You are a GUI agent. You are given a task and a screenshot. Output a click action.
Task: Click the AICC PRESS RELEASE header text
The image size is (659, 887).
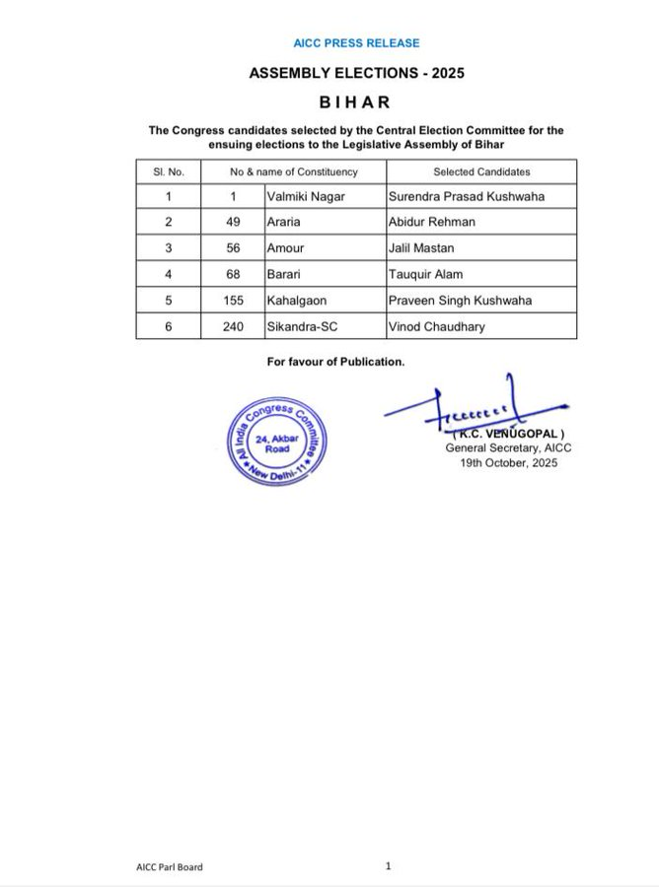point(356,43)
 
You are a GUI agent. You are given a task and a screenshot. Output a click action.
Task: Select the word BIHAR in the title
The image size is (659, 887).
point(356,102)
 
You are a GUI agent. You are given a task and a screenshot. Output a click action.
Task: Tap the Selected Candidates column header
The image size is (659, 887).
point(481,171)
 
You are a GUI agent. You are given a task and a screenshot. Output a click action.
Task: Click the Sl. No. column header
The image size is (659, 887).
point(169,171)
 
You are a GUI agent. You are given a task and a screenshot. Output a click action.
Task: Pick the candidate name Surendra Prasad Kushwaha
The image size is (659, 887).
point(467,196)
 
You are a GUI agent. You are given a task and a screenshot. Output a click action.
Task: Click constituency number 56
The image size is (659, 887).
point(233,248)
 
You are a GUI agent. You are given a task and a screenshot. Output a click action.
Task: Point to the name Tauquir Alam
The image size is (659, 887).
point(426,275)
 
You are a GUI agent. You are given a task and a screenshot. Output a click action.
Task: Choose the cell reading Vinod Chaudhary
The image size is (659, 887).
point(436,326)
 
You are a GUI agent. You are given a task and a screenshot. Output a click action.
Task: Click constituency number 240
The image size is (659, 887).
point(233,326)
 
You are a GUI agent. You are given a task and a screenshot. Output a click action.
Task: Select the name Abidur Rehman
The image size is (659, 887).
point(432,223)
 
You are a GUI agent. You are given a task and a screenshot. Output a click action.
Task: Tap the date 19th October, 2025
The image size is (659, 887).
point(509,462)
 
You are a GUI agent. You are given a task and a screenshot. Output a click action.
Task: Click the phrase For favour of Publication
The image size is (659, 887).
point(335,362)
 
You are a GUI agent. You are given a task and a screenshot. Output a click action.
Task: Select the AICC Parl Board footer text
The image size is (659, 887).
point(170,867)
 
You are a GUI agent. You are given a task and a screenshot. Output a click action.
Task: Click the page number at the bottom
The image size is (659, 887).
point(389,866)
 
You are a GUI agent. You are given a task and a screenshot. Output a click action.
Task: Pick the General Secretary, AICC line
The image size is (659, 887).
point(508,447)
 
